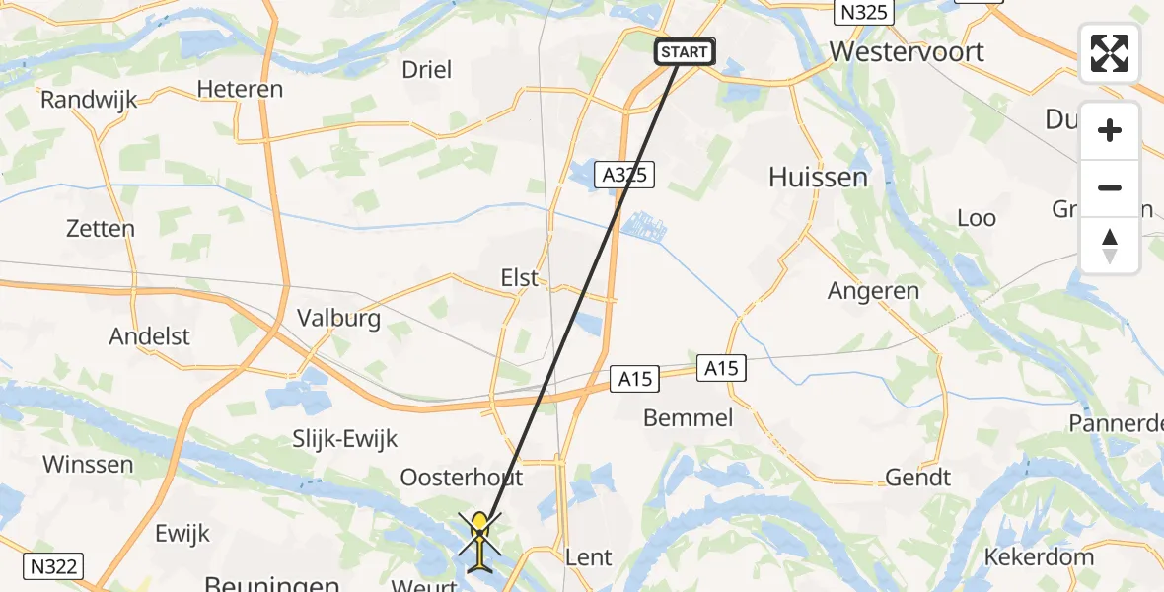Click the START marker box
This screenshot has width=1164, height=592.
pos(685,51)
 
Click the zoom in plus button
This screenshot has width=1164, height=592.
pos(1110,130)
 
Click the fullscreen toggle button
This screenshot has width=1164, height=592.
pos(1110,53)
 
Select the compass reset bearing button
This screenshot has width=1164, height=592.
pos(1110,246)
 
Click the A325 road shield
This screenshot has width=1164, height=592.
pos(626,175)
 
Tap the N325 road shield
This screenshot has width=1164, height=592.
pos(863,13)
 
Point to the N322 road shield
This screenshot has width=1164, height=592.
pos(54,566)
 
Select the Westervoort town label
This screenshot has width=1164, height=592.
pos(907,51)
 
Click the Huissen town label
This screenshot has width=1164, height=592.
pos(818,178)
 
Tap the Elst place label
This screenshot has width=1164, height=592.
pos(519,278)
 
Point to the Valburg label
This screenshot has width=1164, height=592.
pos(338,319)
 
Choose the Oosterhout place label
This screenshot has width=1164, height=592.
pos(461,478)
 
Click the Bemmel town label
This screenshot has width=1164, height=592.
pos(688,417)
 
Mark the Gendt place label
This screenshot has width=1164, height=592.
pos(917,478)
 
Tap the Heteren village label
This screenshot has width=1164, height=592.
pos(240,89)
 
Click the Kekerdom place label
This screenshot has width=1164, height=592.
pos(1039,556)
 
